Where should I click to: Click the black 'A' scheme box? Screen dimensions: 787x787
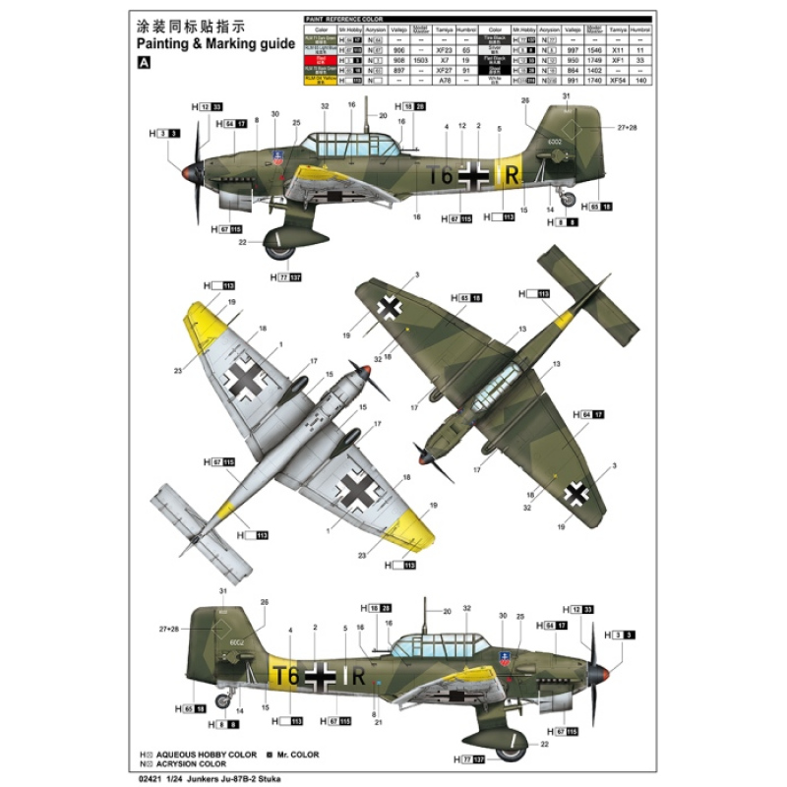[146, 62]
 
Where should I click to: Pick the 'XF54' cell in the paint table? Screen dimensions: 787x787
[617, 79]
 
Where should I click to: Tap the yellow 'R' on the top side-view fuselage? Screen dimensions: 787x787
[511, 174]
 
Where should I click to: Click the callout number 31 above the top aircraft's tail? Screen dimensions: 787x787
[566, 95]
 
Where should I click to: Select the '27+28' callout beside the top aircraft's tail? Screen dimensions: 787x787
[627, 128]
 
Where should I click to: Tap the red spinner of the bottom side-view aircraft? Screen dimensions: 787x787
[603, 674]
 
